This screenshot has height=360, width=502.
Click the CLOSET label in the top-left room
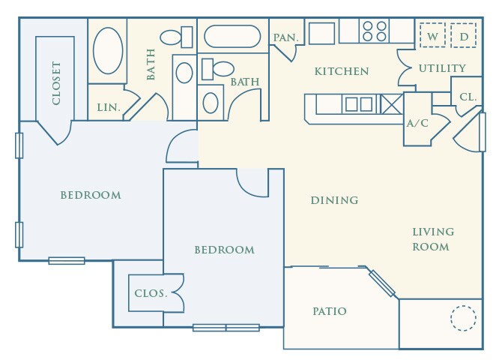(57, 83)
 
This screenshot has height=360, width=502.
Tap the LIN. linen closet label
(109, 107)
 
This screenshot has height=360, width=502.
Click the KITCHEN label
(342, 71)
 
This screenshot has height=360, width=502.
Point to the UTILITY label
(442, 68)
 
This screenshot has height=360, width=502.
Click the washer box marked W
(432, 35)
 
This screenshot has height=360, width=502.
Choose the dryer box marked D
(464, 35)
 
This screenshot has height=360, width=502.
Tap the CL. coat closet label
(468, 97)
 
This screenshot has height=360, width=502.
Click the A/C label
(417, 123)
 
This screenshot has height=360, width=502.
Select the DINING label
(334, 200)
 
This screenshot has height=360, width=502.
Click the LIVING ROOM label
(432, 238)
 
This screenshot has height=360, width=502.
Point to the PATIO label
(329, 310)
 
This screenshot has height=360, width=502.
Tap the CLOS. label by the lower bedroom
(151, 293)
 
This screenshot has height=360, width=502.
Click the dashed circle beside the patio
(463, 318)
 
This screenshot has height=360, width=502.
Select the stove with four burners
(375, 31)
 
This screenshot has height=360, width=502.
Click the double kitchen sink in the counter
(358, 104)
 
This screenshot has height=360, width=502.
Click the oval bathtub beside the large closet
(109, 50)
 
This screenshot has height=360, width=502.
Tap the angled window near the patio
(381, 283)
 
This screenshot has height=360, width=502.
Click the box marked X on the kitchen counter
(391, 103)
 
